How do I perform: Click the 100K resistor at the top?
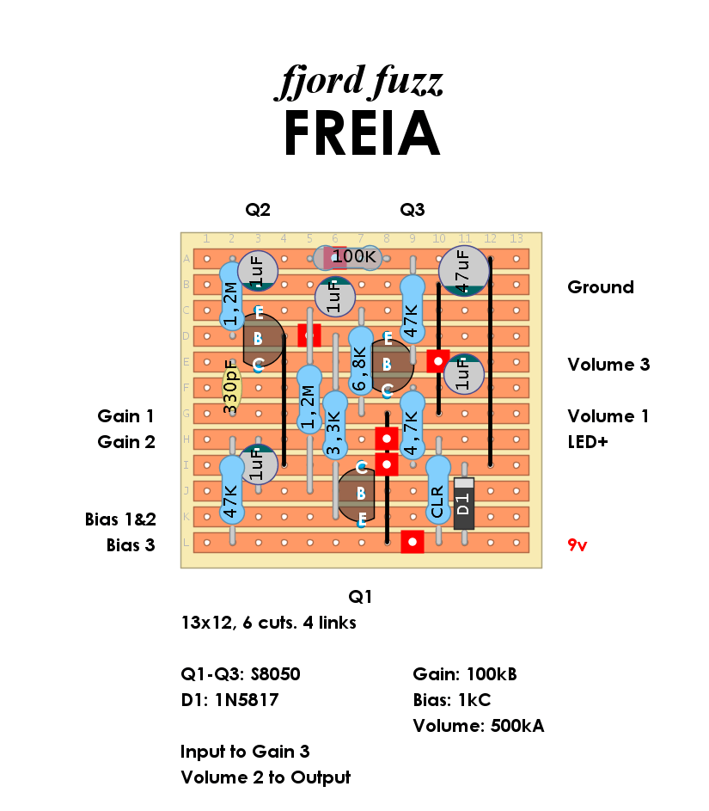tap(348, 257)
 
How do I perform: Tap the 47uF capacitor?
tap(463, 271)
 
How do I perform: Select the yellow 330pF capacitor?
tap(231, 387)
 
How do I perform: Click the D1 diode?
tap(463, 503)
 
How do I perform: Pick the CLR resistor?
tap(438, 490)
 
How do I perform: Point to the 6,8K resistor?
tap(361, 361)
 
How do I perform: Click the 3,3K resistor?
tap(335, 425)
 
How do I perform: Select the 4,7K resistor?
tap(413, 425)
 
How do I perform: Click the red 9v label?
tap(578, 545)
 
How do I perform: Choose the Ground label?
tap(601, 287)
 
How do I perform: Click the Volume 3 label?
tap(608, 365)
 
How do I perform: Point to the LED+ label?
tap(588, 442)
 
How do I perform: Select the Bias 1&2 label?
tap(120, 519)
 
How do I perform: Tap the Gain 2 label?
tap(126, 442)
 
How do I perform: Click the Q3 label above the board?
tap(413, 210)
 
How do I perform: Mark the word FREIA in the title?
tap(362, 133)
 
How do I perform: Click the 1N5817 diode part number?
tap(247, 700)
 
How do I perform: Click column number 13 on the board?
tap(516, 238)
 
